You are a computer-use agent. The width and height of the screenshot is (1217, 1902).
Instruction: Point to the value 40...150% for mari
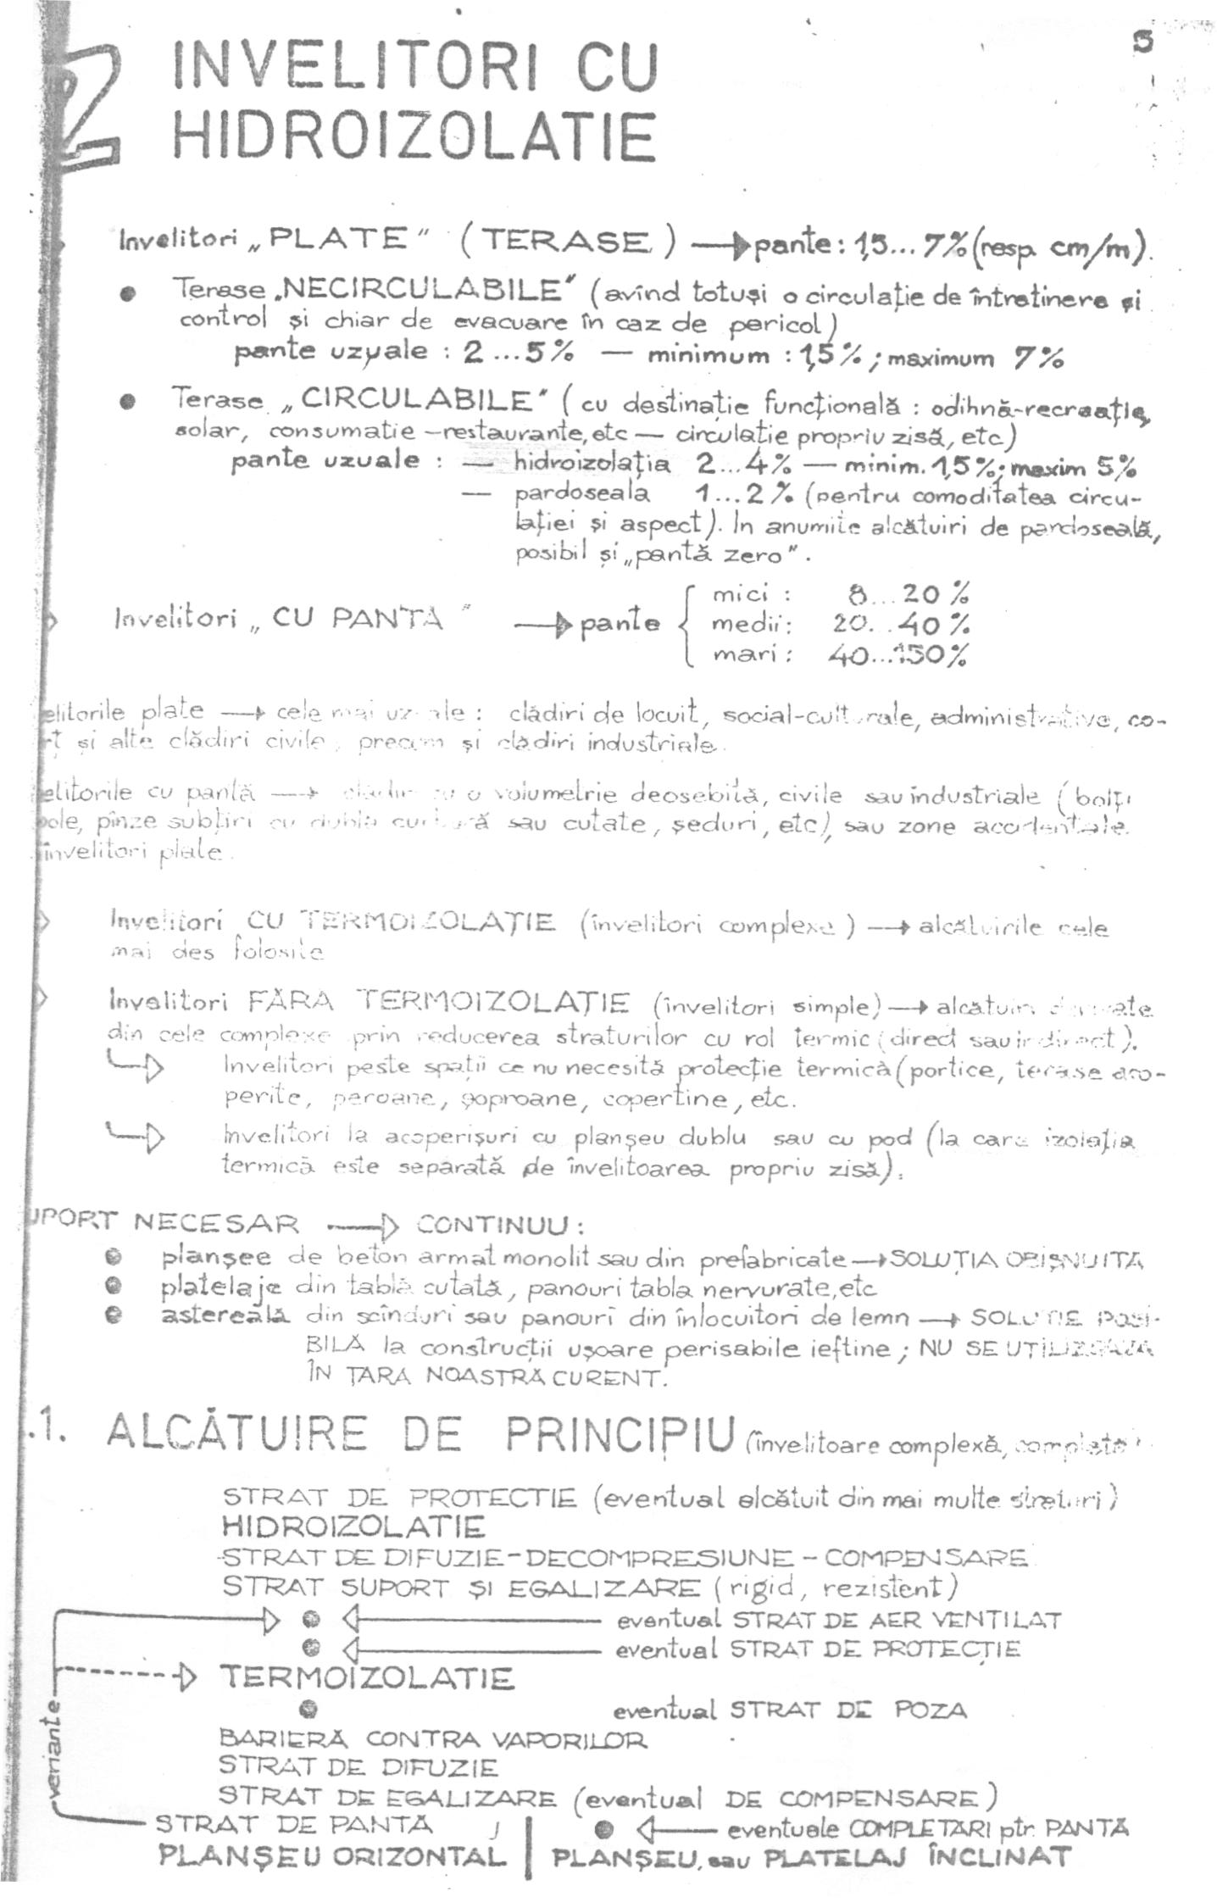[899, 655]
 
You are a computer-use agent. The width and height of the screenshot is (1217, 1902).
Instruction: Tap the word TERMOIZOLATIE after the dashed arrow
[366, 1677]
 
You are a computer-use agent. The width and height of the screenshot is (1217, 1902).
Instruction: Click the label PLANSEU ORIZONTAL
[332, 1855]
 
